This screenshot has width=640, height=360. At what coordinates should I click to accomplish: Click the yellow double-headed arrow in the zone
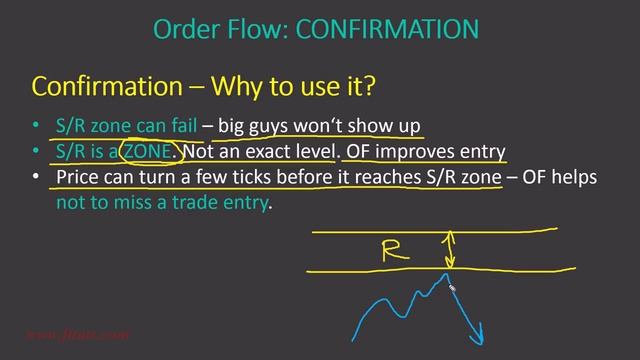[x=449, y=249]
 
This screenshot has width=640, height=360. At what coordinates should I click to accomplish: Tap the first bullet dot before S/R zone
[x=37, y=128]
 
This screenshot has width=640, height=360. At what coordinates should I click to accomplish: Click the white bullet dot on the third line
[x=37, y=178]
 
